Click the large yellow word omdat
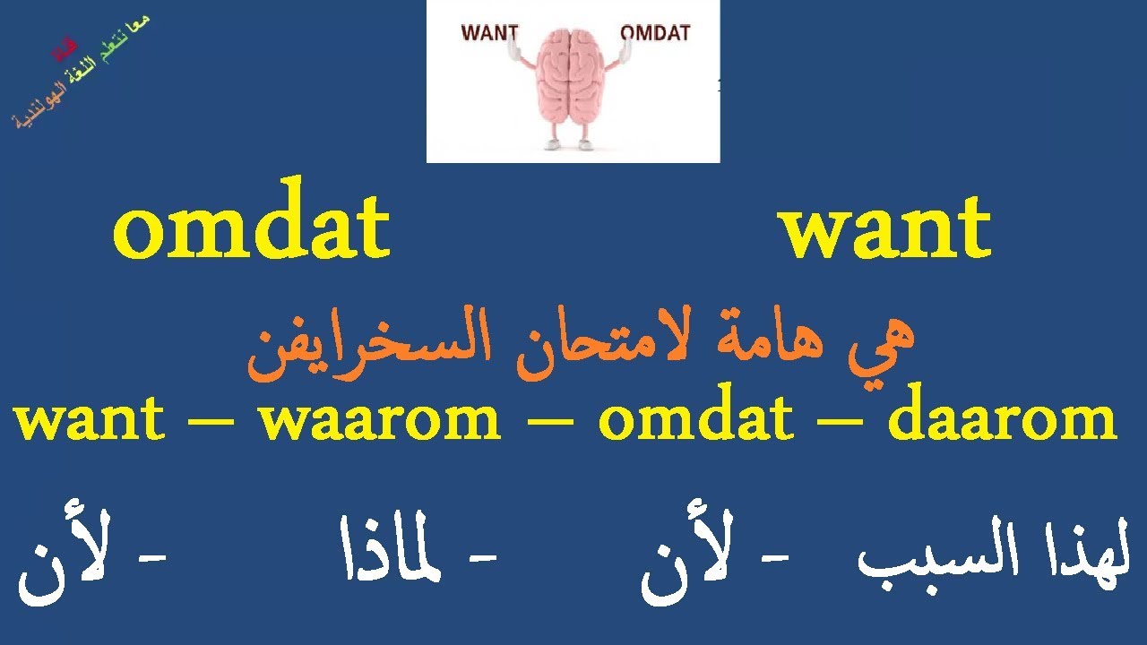[252, 229]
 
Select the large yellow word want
[884, 229]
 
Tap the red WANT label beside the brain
[489, 33]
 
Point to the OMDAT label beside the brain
[655, 33]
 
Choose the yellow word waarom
[380, 419]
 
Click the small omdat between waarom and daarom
[695, 419]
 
